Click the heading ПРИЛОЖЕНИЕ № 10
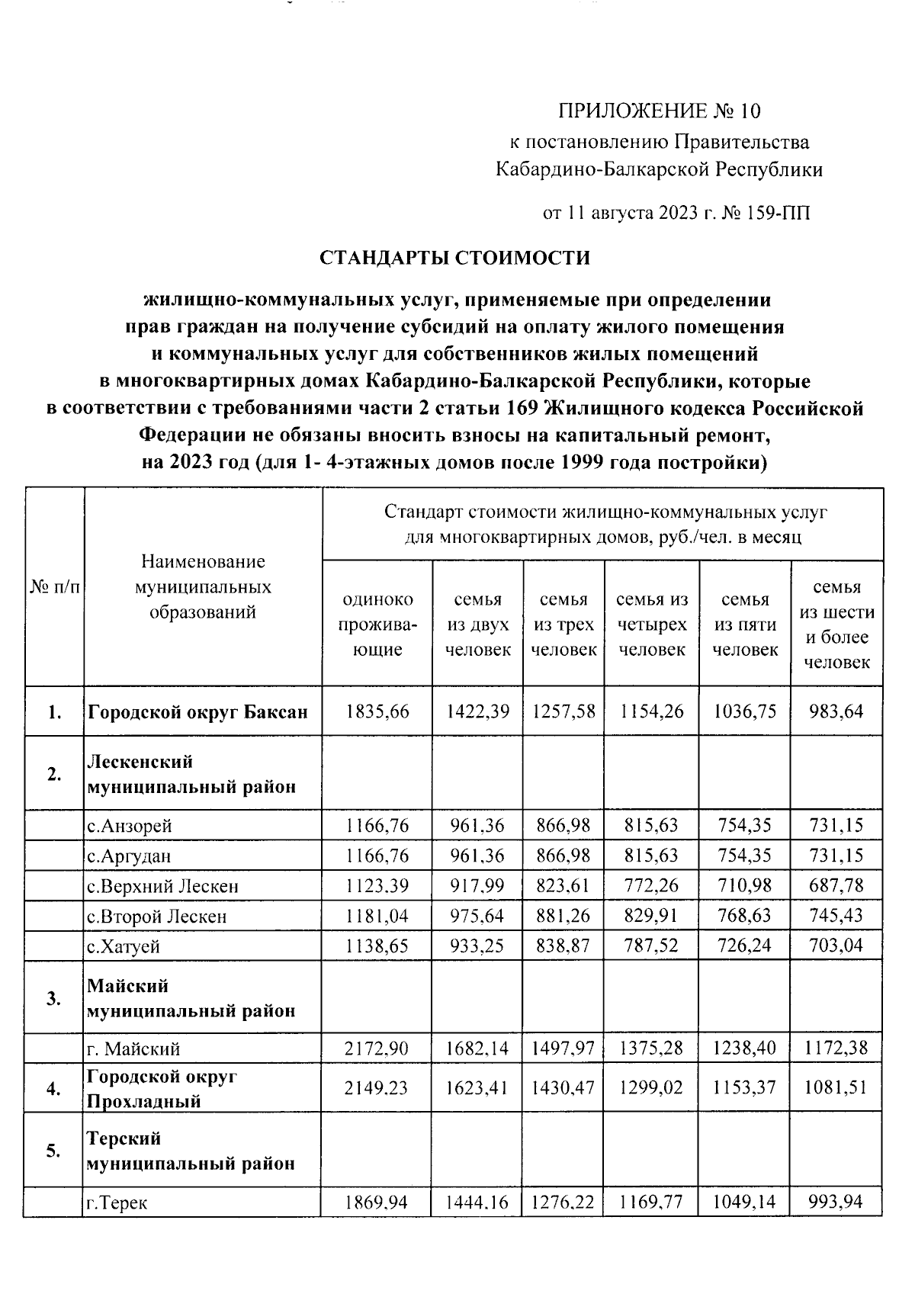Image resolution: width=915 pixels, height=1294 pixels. tap(660, 112)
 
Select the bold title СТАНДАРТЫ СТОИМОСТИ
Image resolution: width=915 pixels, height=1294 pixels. tap(454, 258)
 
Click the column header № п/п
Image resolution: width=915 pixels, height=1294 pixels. tap(54, 586)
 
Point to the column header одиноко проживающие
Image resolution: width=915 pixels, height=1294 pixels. tap(377, 625)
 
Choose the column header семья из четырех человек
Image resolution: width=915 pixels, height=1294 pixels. tap(652, 625)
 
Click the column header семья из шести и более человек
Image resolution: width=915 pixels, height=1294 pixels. tap(837, 625)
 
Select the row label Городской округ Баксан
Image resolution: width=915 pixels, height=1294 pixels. tap(198, 712)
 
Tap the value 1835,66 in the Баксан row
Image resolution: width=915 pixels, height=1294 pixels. tap(377, 711)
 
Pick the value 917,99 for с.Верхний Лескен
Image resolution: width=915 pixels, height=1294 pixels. tap(477, 886)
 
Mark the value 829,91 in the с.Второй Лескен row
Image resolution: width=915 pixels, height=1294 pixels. tap(652, 916)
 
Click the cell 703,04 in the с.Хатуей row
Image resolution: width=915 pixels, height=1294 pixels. tap(837, 946)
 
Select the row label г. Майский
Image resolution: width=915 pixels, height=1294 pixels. tap(133, 1049)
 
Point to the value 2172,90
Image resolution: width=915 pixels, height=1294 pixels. tap(377, 1048)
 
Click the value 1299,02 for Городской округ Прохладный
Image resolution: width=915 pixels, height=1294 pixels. tap(652, 1087)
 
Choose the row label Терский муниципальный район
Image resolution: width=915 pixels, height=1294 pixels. tap(191, 1151)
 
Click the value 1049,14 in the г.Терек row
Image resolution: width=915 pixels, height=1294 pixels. tap(744, 1202)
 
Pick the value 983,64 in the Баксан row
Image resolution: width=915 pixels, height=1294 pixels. tap(837, 711)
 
